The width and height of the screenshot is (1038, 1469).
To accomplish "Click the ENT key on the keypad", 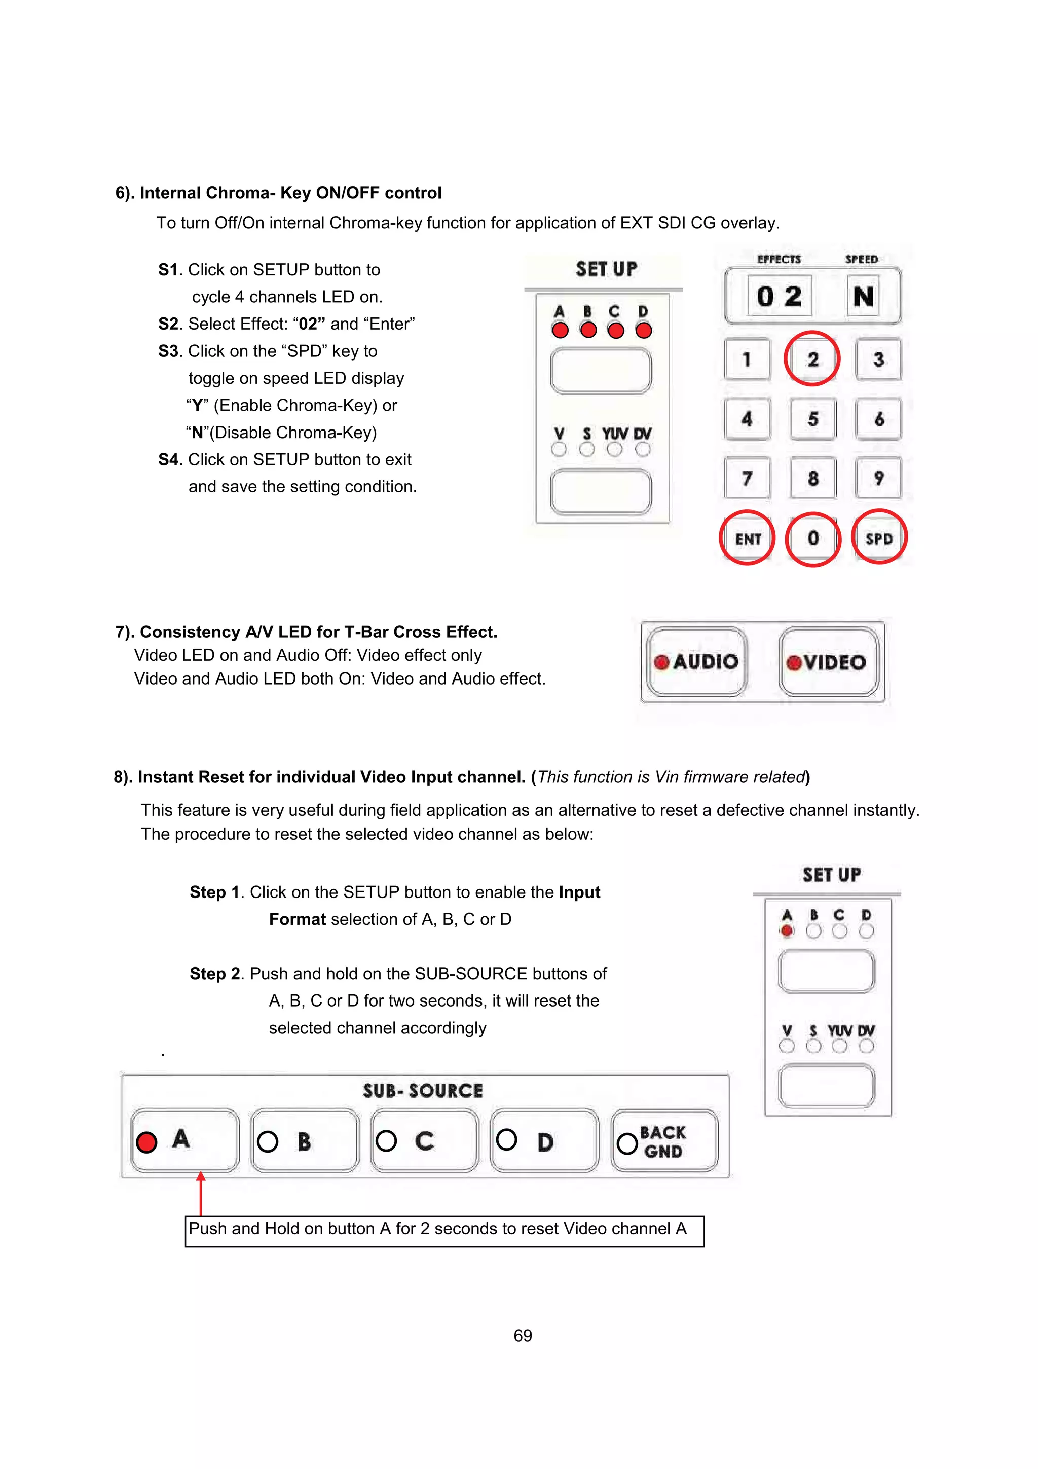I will pos(747,538).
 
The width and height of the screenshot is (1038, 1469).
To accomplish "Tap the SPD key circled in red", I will pos(879,538).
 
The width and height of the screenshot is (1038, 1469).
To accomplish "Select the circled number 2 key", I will pos(812,359).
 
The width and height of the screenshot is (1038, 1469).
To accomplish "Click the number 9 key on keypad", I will pos(879,478).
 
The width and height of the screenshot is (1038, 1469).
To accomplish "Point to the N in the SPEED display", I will pos(864,296).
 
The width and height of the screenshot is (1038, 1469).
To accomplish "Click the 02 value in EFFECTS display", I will pos(779,296).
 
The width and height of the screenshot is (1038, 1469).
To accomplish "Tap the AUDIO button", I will pos(696,662).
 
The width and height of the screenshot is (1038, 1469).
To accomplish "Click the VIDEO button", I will pos(828,662).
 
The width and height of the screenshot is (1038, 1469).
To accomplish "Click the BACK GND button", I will pos(664,1141).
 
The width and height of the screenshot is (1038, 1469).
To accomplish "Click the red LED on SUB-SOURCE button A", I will pos(146,1142).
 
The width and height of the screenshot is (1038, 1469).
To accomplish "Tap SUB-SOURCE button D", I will pos(544,1141).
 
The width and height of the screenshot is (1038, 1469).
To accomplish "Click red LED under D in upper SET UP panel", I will pos(643,330).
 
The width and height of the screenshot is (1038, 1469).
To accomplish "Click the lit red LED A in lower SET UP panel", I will pos(787,931).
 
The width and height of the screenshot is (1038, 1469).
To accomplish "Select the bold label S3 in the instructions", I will pos(169,351).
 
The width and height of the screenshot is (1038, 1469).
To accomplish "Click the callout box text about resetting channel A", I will pos(437,1229).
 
